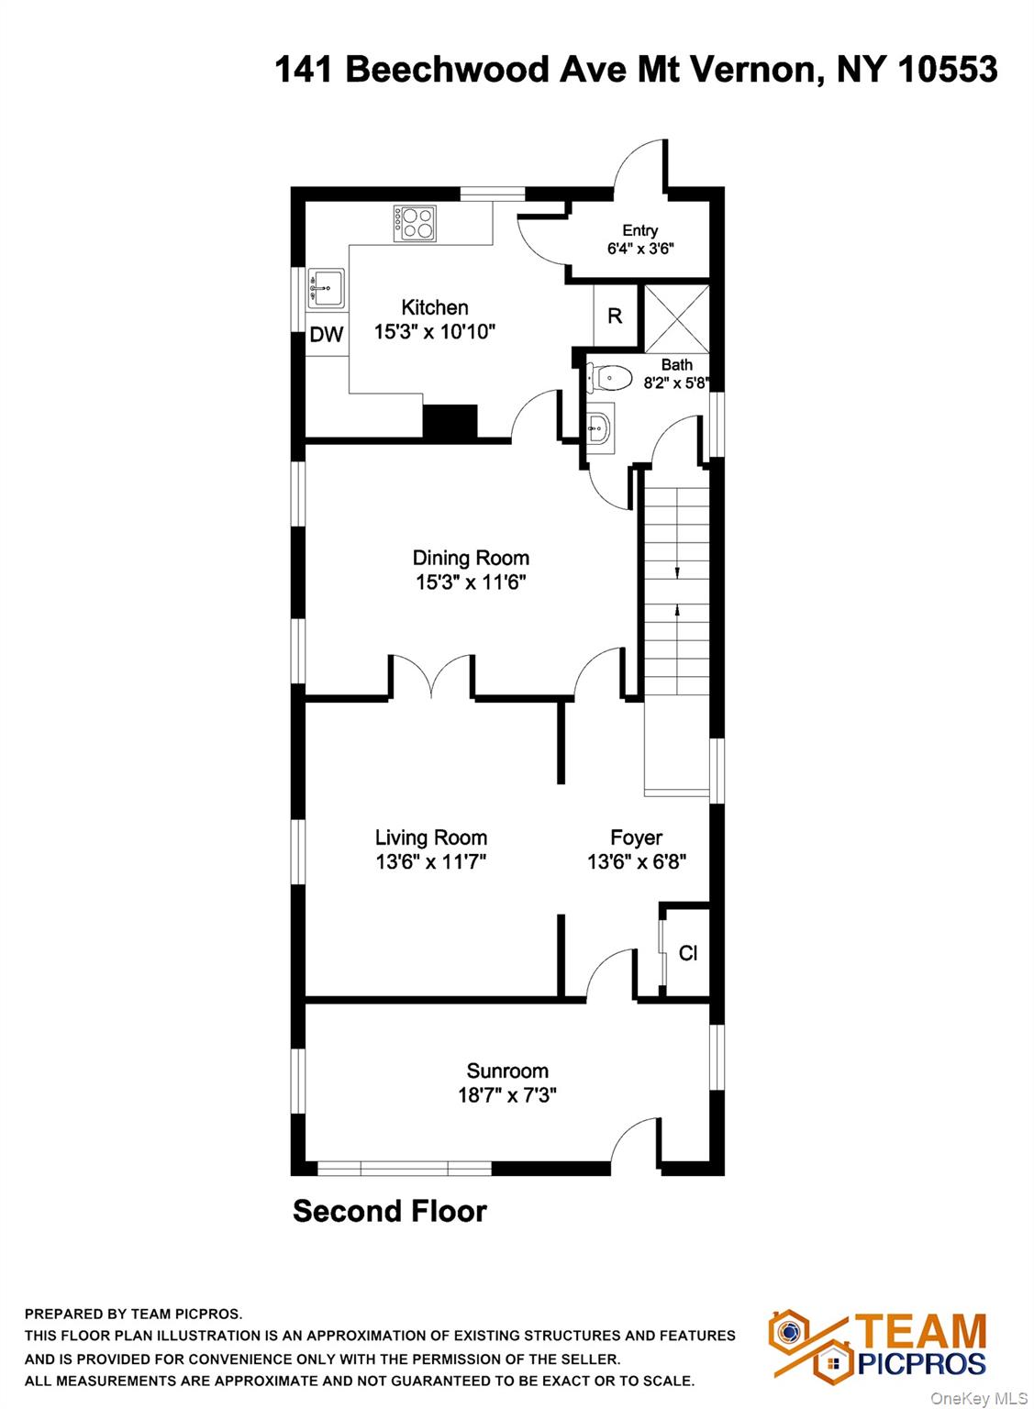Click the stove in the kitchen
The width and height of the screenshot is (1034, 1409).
(x=415, y=224)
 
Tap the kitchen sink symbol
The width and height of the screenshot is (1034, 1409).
(x=326, y=289)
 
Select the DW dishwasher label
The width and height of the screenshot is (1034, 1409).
(x=327, y=335)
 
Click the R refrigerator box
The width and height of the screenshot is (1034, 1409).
(x=615, y=316)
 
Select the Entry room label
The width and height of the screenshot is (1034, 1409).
(x=640, y=231)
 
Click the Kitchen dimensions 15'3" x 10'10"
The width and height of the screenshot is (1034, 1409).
(x=435, y=331)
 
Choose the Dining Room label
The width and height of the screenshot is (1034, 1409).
(x=471, y=558)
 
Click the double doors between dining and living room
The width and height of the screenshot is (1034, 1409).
(x=431, y=675)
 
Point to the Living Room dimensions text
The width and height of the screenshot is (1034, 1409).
(x=431, y=861)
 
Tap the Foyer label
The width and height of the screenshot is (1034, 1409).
(x=637, y=838)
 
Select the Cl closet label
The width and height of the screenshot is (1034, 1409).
(x=688, y=954)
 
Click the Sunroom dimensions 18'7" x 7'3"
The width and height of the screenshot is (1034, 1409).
(x=507, y=1095)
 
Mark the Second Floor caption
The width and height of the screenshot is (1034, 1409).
(x=390, y=1211)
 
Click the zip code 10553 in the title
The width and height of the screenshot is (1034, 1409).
(x=947, y=69)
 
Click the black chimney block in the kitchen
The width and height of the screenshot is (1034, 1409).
(x=450, y=421)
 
